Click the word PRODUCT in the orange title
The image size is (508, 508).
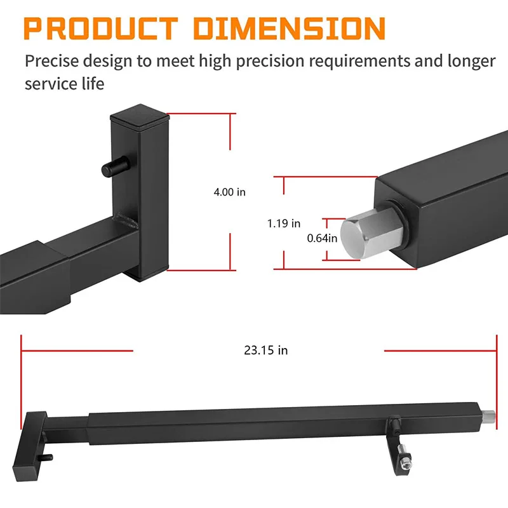101,29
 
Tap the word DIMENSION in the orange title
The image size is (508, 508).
290,29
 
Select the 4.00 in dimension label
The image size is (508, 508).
229,192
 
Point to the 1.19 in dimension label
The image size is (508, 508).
283,224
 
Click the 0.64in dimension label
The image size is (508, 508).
322,239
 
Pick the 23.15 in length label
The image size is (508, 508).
265,351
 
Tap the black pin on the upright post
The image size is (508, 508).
116,166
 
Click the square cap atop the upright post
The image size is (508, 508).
140,116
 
